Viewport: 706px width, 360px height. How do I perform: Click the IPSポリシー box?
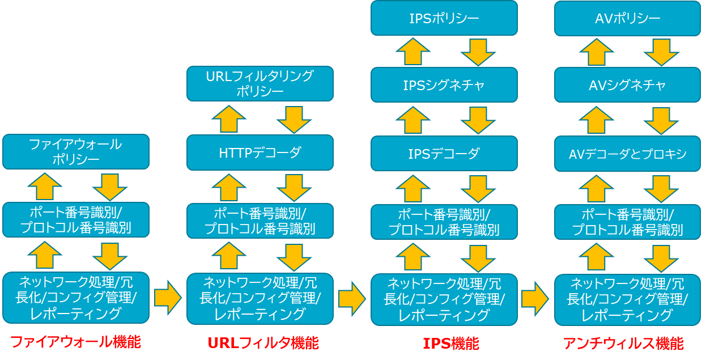pyautogui.click(x=444, y=18)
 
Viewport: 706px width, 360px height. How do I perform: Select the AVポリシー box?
pyautogui.click(x=627, y=18)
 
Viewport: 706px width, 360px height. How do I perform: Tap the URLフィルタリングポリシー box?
pyautogui.click(x=260, y=83)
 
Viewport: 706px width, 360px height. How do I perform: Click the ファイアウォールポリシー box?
pyautogui.click(x=75, y=151)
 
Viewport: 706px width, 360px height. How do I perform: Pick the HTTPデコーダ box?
pyautogui.click(x=260, y=153)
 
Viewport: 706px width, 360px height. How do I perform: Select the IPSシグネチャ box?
pyautogui.click(x=444, y=85)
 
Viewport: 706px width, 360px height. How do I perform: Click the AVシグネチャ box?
pyautogui.click(x=627, y=85)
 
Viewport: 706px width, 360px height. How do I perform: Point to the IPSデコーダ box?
pyautogui.click(x=444, y=153)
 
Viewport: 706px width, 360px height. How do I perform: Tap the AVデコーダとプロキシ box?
pyautogui.click(x=627, y=154)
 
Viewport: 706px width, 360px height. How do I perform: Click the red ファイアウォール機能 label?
pyautogui.click(x=75, y=342)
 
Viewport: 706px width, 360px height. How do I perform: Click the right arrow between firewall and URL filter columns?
pyautogui.click(x=167, y=298)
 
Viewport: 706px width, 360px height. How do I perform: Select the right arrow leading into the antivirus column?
pyautogui.click(x=535, y=298)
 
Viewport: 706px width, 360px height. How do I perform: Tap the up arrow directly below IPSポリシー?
pyautogui.click(x=413, y=52)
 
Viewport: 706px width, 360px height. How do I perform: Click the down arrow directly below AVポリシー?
pyautogui.click(x=661, y=52)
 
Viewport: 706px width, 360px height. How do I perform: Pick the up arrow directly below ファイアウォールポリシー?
pyautogui.click(x=45, y=187)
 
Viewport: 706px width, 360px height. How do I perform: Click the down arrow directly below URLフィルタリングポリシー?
pyautogui.click(x=294, y=119)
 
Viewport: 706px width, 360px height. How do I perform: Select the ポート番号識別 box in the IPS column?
pyautogui.click(x=444, y=222)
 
